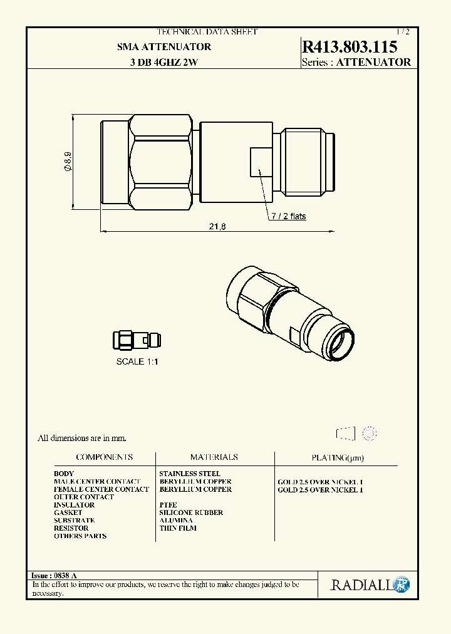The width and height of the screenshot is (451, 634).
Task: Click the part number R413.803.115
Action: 349,47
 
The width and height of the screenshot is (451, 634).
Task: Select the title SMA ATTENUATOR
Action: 164,47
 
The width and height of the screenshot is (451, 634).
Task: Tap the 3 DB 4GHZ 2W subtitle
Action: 164,62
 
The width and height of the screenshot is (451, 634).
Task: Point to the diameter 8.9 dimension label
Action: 67,162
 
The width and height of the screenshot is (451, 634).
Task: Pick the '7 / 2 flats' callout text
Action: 288,216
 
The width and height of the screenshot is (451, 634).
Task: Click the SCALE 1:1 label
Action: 137,361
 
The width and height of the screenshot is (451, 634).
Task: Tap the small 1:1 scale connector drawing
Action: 137,340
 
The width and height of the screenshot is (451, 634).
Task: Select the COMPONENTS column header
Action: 104,457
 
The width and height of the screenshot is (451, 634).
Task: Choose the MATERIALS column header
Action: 214,457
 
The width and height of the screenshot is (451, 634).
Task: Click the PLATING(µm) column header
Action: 337,458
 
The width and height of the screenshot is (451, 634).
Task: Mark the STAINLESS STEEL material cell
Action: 190,474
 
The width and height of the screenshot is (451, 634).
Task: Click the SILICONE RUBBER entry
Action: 191,512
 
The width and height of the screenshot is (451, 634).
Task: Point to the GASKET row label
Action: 68,512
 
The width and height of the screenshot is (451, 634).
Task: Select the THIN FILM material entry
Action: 178,528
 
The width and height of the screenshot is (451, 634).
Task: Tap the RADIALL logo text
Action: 361,585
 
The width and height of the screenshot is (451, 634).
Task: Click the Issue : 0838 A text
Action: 54,575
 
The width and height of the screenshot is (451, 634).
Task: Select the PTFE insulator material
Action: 168,505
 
